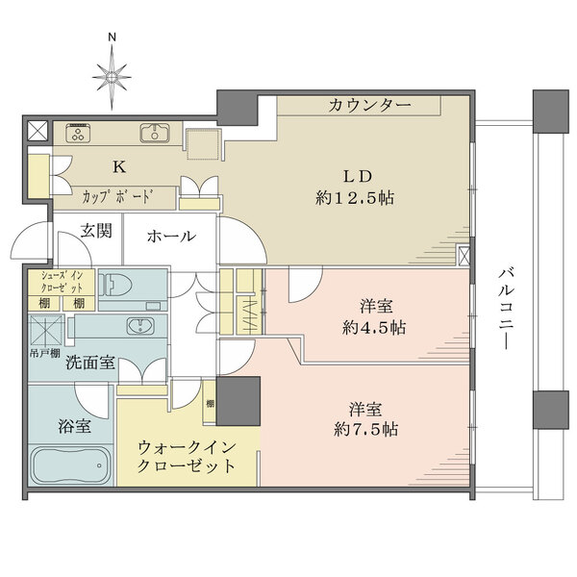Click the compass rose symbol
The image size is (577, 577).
click(113, 71)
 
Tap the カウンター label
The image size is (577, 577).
click(369, 105)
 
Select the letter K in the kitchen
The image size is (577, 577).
click(118, 166)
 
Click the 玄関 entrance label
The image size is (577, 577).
click(95, 231)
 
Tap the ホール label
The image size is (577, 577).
click(172, 236)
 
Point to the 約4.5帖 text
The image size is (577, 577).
click(376, 327)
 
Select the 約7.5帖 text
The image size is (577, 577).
click(367, 429)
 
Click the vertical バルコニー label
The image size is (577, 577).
click(504, 309)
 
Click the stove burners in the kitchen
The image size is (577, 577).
click(78, 133)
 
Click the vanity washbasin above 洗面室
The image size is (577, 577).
click(140, 326)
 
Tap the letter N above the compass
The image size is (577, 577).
click(113, 38)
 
